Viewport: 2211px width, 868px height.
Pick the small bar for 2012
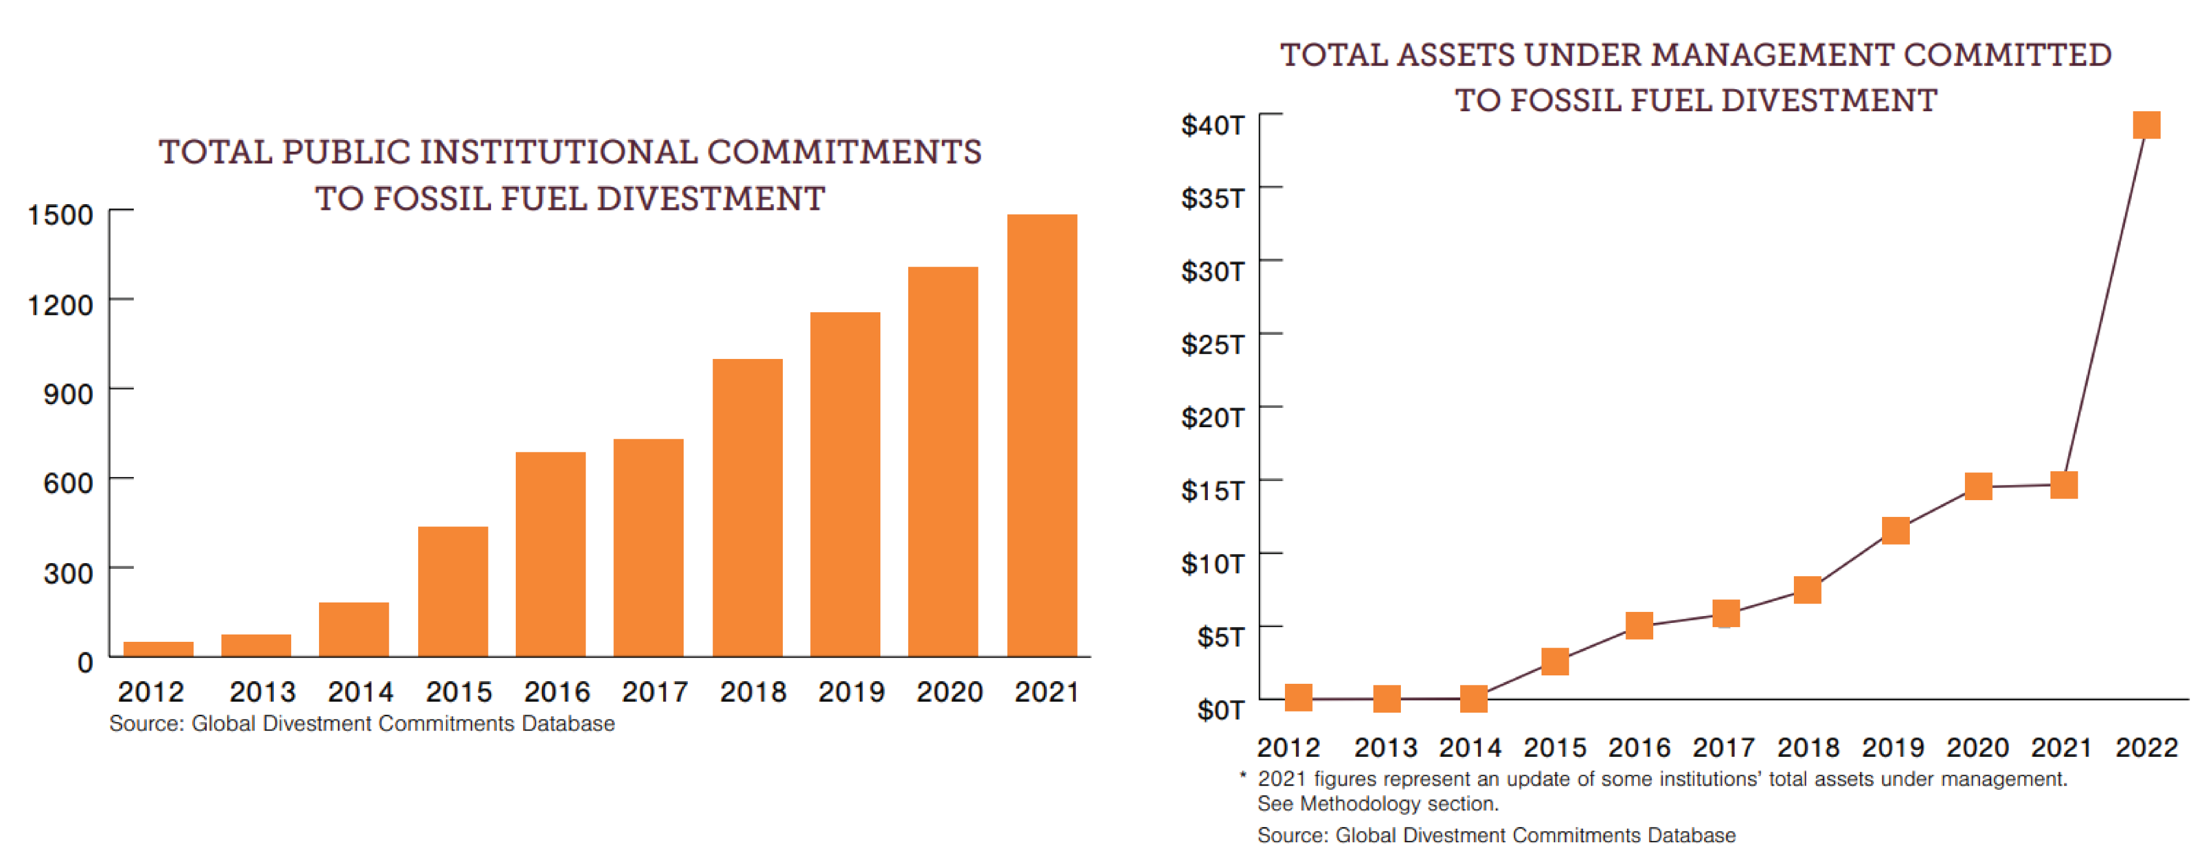(158, 648)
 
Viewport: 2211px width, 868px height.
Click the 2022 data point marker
(2146, 125)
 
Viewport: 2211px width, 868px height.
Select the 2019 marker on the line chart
(1895, 531)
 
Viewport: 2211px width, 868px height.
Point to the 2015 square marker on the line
(1555, 661)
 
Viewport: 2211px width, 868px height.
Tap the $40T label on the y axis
(1212, 125)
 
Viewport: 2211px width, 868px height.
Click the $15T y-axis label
(1212, 490)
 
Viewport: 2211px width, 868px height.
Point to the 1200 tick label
(60, 305)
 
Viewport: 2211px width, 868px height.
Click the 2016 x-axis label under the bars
(557, 692)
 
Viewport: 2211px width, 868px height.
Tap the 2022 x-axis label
(2146, 748)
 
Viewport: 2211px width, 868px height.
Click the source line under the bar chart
(362, 724)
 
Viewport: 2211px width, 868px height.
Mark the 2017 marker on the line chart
(1725, 613)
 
